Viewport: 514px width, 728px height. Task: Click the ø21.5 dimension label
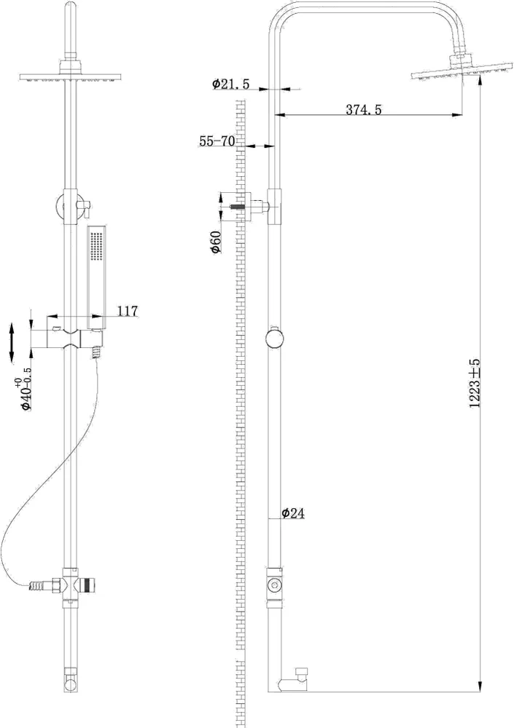pyautogui.click(x=232, y=84)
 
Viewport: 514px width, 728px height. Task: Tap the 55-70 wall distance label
pyautogui.click(x=217, y=142)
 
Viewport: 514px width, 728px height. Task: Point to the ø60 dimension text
pyautogui.click(x=216, y=240)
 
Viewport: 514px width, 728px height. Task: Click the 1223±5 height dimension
pyautogui.click(x=475, y=383)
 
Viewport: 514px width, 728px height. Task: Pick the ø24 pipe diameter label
pyautogui.click(x=292, y=513)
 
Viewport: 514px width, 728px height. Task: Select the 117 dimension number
pyautogui.click(x=127, y=311)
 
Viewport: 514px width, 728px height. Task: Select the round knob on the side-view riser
pyautogui.click(x=275, y=340)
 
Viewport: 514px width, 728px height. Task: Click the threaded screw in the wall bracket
pyautogui.click(x=235, y=207)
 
